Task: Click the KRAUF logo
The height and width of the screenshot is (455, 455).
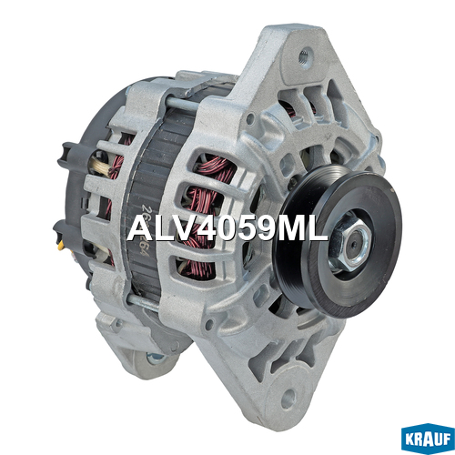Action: tap(428, 439)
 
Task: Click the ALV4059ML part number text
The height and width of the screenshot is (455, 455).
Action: tap(227, 228)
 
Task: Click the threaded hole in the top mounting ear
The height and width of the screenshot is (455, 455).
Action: tap(305, 56)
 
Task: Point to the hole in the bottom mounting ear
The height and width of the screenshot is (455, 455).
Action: tap(288, 398)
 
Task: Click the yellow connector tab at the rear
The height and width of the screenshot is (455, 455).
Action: tap(61, 245)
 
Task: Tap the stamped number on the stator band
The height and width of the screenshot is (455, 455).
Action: tap(143, 230)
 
